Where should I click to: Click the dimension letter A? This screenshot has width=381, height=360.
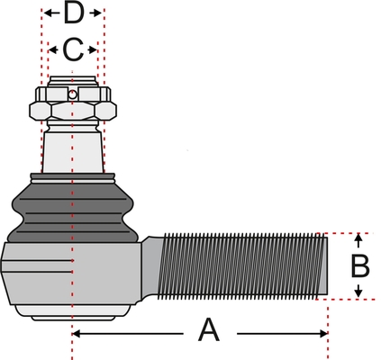209,330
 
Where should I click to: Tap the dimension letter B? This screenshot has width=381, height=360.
360,266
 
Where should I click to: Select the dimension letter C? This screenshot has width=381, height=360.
73,49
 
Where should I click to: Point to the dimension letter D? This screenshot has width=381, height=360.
73,13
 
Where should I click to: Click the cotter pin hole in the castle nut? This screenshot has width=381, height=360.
72,94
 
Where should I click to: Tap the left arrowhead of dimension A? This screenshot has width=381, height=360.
77,333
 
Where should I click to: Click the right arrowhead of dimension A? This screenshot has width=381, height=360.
323,333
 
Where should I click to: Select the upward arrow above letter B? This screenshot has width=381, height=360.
358,241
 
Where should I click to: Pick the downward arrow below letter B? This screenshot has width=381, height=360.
358,290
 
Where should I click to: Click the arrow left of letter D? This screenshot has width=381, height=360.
51,13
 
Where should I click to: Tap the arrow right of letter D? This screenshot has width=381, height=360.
95,13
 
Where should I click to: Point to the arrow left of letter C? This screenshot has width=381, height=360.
53,49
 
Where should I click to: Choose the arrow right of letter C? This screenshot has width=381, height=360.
93,49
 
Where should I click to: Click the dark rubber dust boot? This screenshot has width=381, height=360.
72,210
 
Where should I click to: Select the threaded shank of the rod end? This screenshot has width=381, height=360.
242,266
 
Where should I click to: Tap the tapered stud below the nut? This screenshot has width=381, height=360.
73,151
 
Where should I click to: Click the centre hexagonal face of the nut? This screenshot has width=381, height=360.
73,111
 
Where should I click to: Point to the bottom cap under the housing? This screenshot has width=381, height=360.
73,313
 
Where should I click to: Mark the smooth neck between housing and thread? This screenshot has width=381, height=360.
150,268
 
